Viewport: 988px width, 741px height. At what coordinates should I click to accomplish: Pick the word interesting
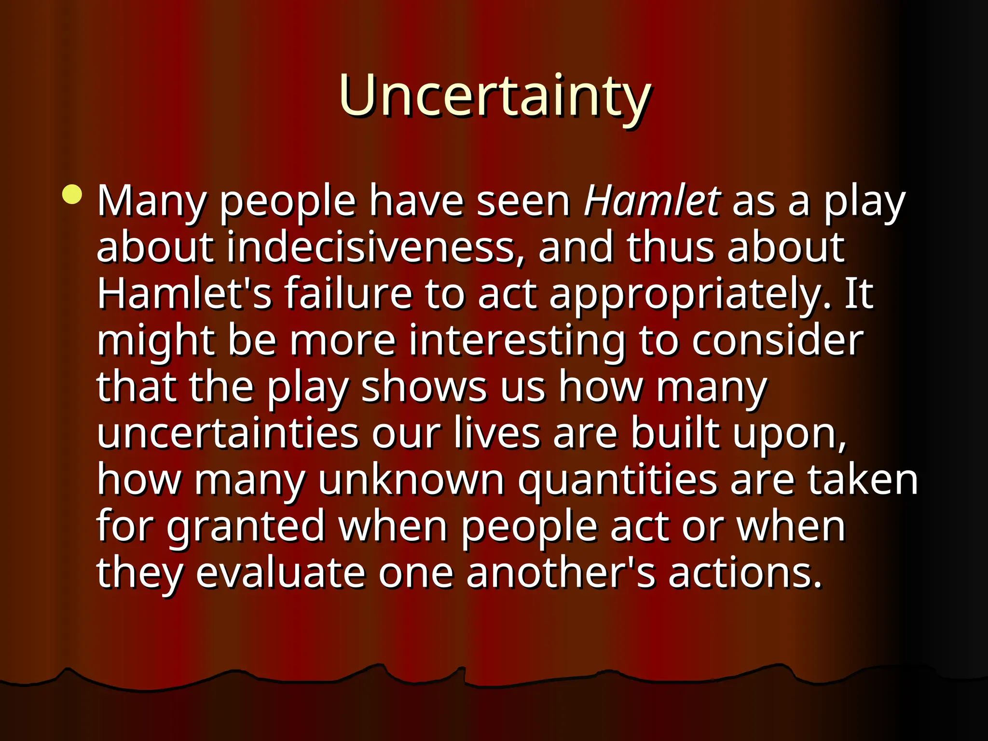(517, 341)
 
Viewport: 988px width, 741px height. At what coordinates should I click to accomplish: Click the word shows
(424, 387)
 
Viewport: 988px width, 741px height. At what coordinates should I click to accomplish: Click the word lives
(497, 433)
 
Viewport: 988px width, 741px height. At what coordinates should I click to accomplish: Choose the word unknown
(411, 480)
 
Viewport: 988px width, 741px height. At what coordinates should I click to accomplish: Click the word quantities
(617, 480)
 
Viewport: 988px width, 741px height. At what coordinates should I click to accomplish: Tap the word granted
(246, 527)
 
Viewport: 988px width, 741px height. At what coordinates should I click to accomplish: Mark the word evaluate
(280, 573)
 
